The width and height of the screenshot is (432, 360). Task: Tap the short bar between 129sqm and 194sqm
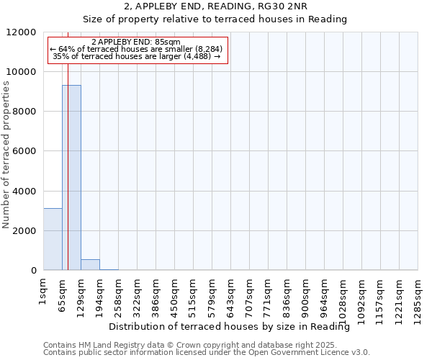[90, 264]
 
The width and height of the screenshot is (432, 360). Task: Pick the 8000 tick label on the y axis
[24, 112]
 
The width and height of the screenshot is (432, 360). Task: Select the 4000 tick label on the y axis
[24, 192]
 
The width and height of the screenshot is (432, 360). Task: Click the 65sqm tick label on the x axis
[63, 292]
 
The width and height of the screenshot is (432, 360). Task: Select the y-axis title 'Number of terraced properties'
[6, 155]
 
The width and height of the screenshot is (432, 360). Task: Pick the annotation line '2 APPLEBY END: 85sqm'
[137, 42]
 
